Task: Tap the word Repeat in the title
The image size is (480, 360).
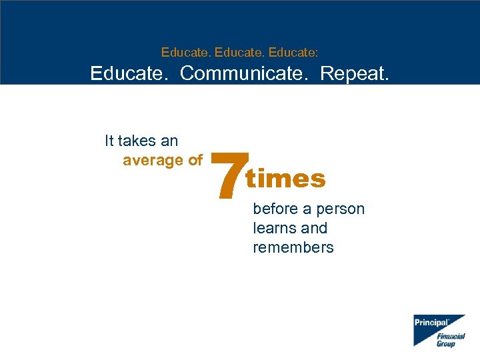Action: [354, 73]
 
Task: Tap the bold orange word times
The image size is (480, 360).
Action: [286, 179]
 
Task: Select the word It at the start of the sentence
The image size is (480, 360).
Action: [109, 141]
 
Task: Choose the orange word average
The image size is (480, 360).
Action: [153, 160]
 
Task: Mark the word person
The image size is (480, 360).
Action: [340, 209]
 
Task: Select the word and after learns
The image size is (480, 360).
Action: [314, 228]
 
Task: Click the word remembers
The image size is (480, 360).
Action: [293, 247]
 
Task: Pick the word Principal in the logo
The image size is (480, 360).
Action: [431, 322]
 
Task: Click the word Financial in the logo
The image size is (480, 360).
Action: [451, 336]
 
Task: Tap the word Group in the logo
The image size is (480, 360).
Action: [446, 344]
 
